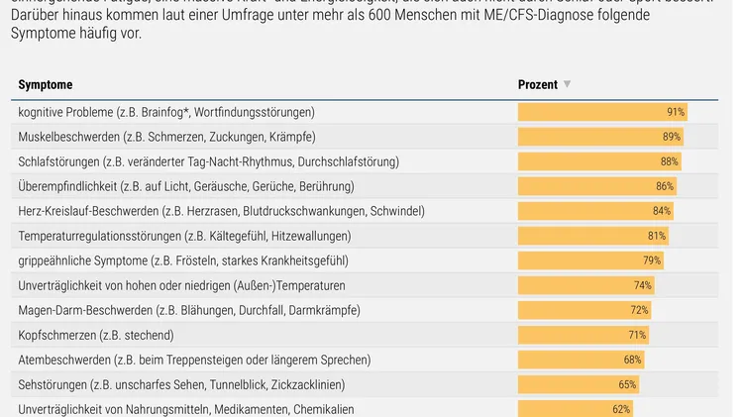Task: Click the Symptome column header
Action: (x=46, y=85)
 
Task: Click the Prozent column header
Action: (x=538, y=85)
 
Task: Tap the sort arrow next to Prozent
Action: (x=568, y=85)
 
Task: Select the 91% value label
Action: (x=676, y=112)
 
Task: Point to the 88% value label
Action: (x=670, y=161)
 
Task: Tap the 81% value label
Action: (x=657, y=236)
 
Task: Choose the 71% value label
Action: (x=637, y=335)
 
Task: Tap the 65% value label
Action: (x=628, y=384)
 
